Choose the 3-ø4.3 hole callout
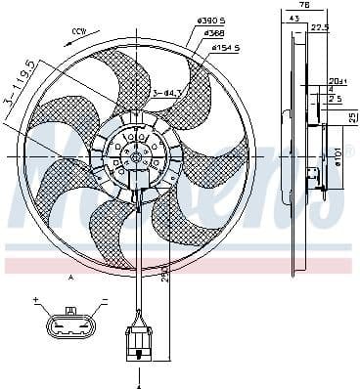[x=167, y=94]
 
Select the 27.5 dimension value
[x=318, y=28]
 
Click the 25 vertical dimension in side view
[x=352, y=118]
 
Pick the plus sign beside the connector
[x=35, y=300]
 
